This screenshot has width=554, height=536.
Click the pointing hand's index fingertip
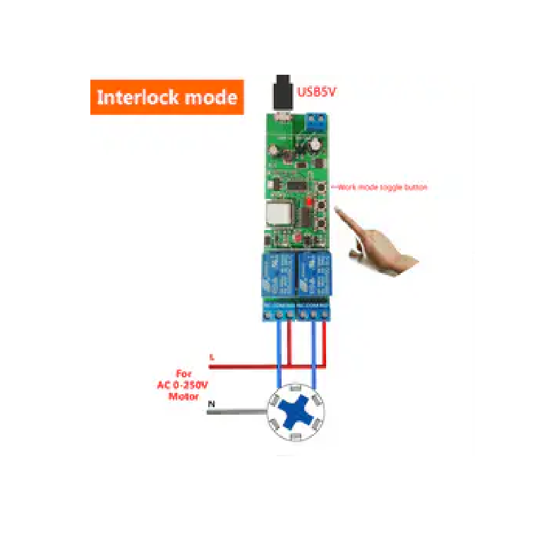tap(338, 209)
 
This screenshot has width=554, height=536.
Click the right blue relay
tap(313, 274)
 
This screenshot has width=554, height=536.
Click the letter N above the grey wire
tap(211, 403)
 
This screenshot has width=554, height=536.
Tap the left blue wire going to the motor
tap(280, 353)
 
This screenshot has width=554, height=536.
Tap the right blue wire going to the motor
tap(313, 353)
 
